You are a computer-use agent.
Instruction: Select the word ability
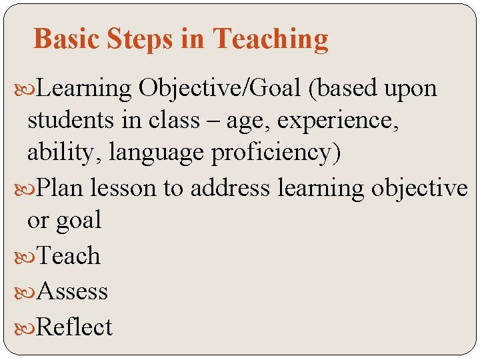59,153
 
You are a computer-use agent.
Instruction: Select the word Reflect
75,327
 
